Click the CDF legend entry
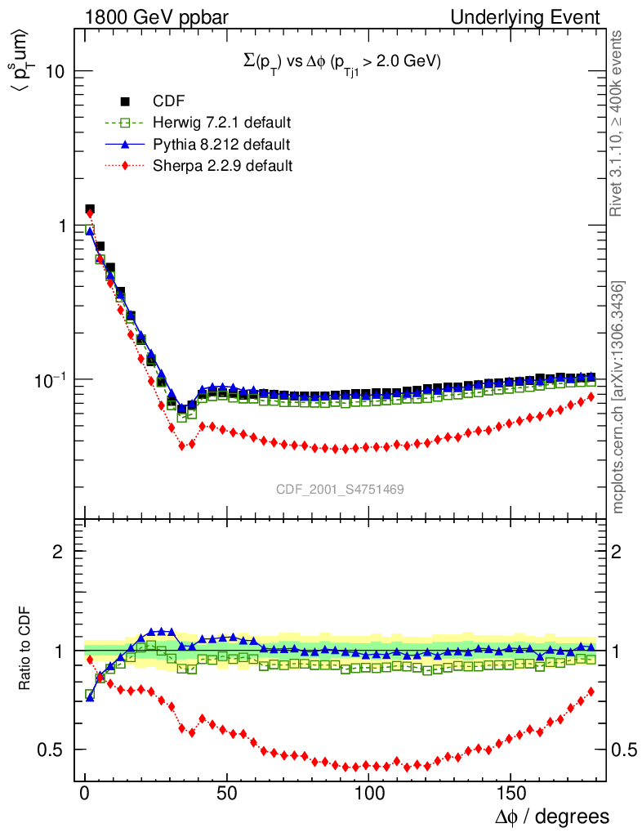[168, 101]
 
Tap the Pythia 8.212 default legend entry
[221, 145]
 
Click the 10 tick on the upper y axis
[54, 71]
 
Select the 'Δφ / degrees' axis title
[552, 817]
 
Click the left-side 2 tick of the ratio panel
[58, 552]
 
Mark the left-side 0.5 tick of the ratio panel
[51, 750]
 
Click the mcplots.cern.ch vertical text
[619, 397]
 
